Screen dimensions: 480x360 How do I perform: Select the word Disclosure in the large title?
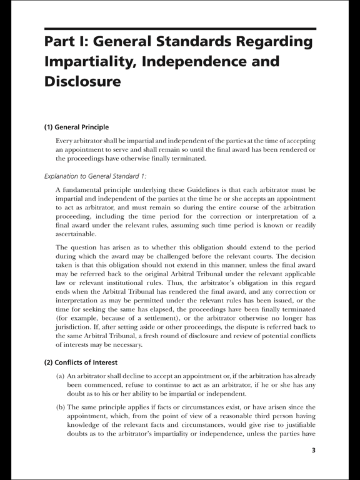[82, 81]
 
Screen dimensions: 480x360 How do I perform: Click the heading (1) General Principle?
[76, 127]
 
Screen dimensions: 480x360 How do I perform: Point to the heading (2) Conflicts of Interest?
[80, 362]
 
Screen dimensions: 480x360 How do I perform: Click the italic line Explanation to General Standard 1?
[94, 176]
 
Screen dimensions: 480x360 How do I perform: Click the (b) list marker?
[61, 407]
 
